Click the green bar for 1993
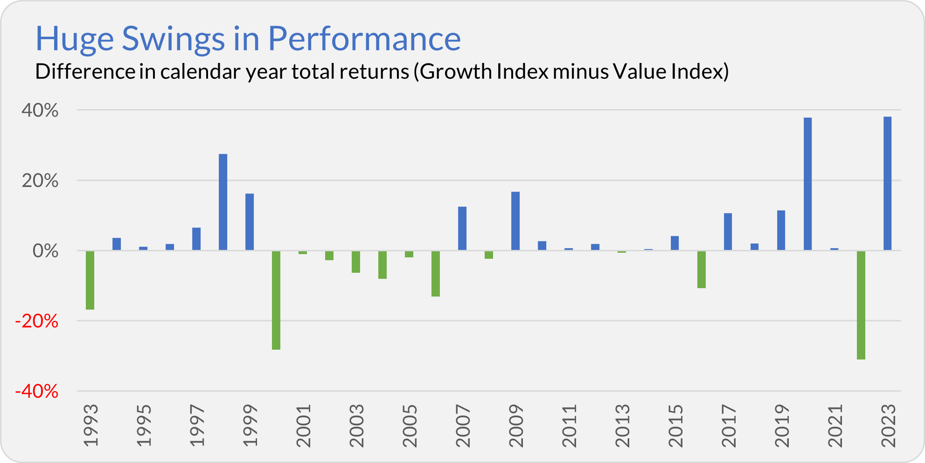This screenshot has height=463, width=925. coord(90,280)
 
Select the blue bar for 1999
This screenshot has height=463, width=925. coord(250,222)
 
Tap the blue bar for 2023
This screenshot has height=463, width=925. coord(887,183)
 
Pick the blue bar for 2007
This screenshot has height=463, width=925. coord(462,228)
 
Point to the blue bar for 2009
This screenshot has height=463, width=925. coord(515,221)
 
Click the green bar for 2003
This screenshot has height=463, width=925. coord(356,262)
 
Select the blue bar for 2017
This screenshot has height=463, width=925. coord(728,232)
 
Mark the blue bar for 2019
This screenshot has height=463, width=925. coord(781,230)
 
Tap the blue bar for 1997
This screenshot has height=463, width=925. coord(196,239)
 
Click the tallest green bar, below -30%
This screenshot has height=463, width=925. coord(861,305)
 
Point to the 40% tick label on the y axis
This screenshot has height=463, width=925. coord(40,111)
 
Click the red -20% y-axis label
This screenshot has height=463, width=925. coord(37,321)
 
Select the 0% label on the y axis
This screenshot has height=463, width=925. coord(46,251)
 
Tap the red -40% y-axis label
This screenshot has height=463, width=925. coord(37,391)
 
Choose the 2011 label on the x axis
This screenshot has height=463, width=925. coord(570,426)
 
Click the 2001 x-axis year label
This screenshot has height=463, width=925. coord(304,426)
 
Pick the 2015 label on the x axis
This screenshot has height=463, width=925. coord(676,426)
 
